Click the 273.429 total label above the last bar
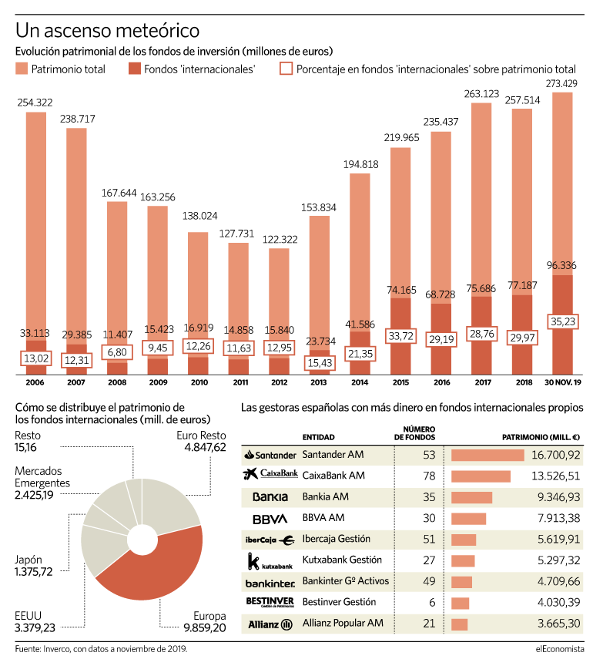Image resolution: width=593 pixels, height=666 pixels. (x=561, y=84)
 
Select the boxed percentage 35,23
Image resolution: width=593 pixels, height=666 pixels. (x=562, y=321)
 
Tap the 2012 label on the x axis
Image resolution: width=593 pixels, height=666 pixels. (x=280, y=382)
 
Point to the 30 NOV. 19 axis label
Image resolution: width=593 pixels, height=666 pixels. (x=563, y=382)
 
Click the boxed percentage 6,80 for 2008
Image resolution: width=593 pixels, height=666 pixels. (x=117, y=352)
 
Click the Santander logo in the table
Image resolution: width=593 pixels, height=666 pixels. (x=270, y=455)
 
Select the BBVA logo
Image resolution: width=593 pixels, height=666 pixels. (x=270, y=519)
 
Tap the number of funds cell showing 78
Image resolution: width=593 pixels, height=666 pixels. (x=429, y=476)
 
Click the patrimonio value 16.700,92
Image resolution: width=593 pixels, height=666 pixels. (x=555, y=455)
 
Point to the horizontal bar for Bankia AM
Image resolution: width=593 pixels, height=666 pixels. (x=471, y=497)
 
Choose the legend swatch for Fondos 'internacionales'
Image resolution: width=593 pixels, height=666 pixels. (x=135, y=69)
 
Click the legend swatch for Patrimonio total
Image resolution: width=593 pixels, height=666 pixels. (x=22, y=69)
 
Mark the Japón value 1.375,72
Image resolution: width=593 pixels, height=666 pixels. (x=34, y=572)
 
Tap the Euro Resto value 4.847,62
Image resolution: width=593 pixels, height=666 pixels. (x=205, y=447)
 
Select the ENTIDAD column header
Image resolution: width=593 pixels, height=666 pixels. (x=318, y=437)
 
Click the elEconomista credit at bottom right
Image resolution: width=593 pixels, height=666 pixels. (x=560, y=648)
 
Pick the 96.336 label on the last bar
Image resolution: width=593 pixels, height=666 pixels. (x=561, y=265)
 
